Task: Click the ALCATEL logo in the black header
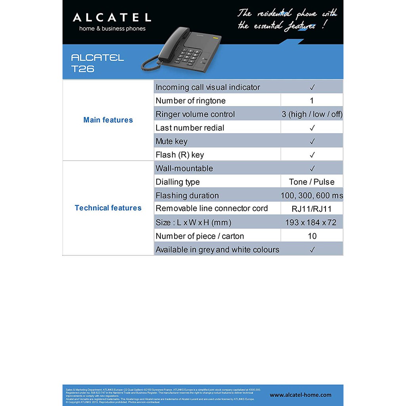[112, 17]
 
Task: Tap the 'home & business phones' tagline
[112, 29]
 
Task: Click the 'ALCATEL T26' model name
[97, 63]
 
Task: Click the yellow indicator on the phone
[216, 38]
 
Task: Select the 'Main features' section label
[108, 120]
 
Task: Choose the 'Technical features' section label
[108, 208]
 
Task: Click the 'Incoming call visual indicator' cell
[208, 87]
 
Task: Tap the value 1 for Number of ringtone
[312, 101]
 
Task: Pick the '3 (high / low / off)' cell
[312, 114]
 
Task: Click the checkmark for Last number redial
[312, 128]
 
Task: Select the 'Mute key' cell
[172, 141]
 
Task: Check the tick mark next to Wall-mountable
[312, 169]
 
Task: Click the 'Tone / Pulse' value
[312, 182]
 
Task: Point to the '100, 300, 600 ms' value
[312, 195]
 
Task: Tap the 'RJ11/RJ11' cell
[312, 209]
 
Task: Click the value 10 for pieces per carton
[312, 236]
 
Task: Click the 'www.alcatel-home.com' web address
[301, 395]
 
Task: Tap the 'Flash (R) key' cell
[180, 155]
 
